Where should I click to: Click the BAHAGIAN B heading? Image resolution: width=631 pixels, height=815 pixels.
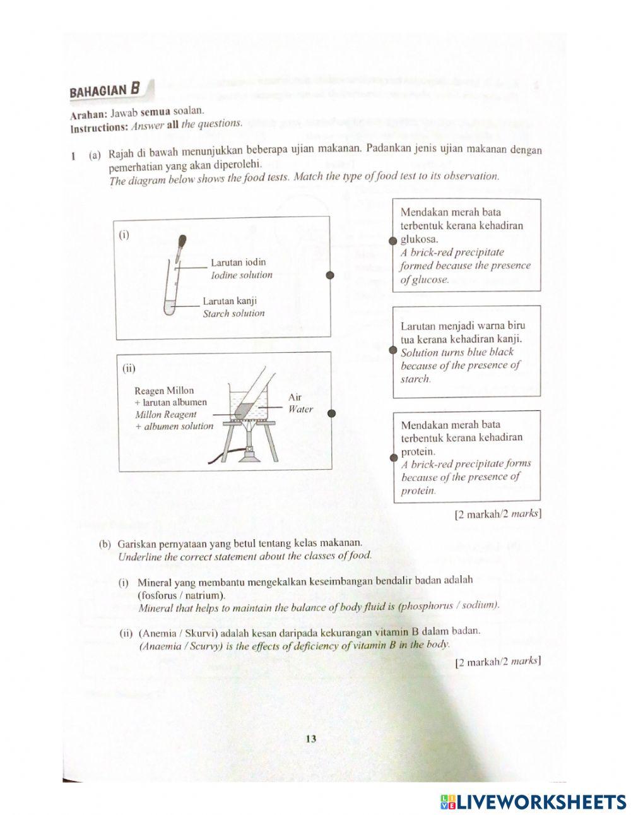click(x=104, y=90)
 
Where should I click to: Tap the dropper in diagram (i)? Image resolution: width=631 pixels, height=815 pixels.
click(x=180, y=247)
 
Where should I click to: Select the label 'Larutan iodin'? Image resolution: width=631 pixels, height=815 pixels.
click(x=238, y=262)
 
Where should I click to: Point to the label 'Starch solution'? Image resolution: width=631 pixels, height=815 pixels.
click(x=233, y=313)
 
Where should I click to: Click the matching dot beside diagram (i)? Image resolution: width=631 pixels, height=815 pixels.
click(x=329, y=275)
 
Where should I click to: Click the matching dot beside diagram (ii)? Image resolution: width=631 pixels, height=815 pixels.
click(x=331, y=413)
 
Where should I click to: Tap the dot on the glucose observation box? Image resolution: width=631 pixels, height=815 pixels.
click(x=392, y=241)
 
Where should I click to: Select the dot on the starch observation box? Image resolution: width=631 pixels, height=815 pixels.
click(x=392, y=350)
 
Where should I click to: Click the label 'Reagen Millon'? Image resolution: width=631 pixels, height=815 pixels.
click(x=164, y=391)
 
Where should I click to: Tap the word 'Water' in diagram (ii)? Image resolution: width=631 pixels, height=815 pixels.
click(x=300, y=409)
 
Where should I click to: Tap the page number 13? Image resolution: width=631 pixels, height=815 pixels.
click(x=310, y=739)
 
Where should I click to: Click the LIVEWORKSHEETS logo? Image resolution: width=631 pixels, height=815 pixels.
click(x=533, y=802)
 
